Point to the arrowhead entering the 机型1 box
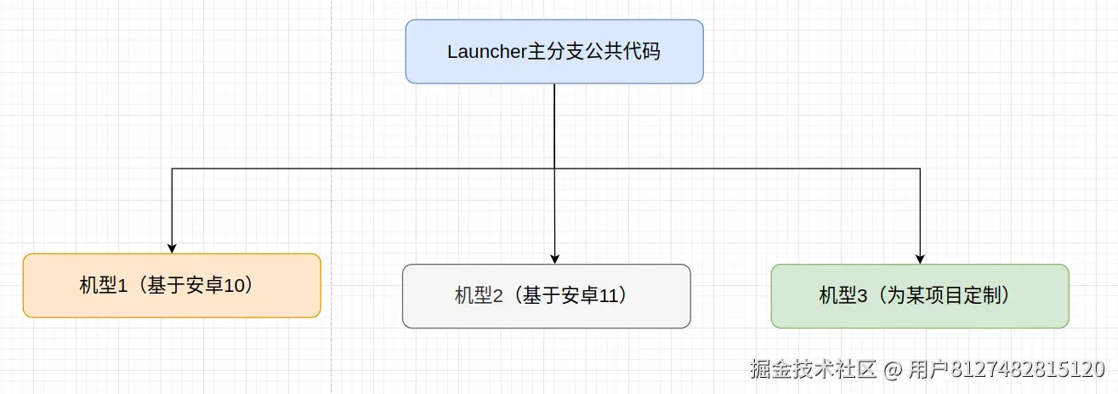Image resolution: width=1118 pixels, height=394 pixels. point(172,248)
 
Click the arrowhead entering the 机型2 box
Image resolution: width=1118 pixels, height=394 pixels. point(554,259)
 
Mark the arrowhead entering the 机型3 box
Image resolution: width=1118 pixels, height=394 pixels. point(920,259)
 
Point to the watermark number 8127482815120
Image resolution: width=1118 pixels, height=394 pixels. point(1027,370)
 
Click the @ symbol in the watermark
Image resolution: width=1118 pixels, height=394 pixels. point(892,370)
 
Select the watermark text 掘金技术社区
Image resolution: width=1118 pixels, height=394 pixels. point(813,370)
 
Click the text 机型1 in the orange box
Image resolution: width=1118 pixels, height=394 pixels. point(103,286)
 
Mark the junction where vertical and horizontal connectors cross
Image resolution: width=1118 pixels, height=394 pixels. point(554,168)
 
